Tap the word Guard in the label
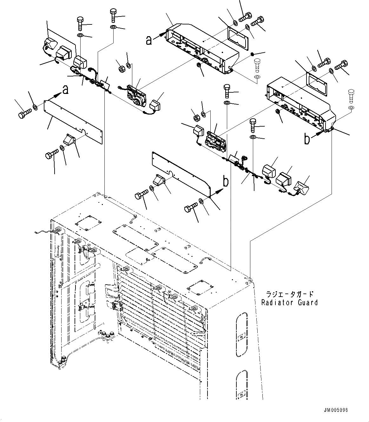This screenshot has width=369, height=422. click(306, 303)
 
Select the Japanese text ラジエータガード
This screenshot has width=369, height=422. click(290, 294)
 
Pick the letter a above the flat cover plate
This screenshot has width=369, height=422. click(65, 90)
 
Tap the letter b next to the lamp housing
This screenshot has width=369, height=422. click(307, 139)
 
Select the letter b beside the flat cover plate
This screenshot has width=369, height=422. click(226, 181)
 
